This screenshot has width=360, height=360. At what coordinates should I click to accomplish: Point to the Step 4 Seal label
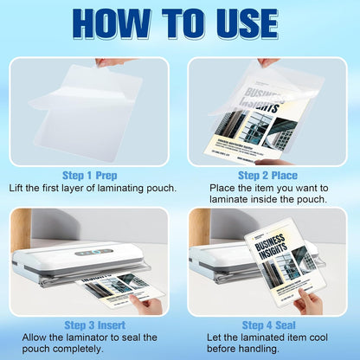coord(269,324)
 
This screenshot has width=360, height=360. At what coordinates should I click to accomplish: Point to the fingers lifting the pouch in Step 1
coord(107,62)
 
